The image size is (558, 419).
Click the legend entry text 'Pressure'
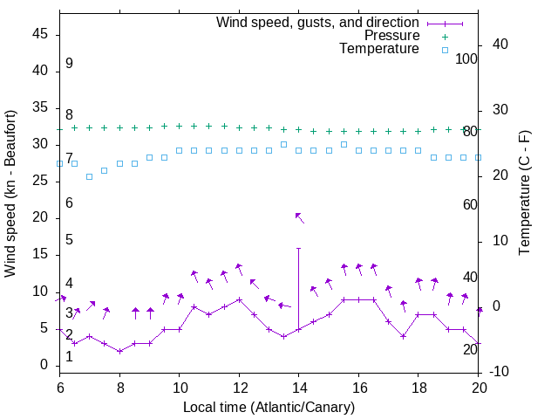[x=391, y=36]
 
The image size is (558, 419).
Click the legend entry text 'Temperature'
[x=379, y=49]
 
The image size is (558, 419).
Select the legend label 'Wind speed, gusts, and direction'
[x=318, y=22]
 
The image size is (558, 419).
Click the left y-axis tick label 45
[x=39, y=35]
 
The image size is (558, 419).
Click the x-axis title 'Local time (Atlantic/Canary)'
[x=269, y=407]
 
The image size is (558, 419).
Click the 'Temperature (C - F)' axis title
[x=524, y=194]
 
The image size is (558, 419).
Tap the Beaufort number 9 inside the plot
[x=69, y=64]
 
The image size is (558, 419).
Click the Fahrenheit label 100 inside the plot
[x=467, y=58]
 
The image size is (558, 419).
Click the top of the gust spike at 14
[x=298, y=248]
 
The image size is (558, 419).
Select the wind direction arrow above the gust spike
[x=299, y=217]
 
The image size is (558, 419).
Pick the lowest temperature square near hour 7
[x=89, y=176]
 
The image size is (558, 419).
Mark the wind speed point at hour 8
[x=119, y=351]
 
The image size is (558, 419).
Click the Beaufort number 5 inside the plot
[x=69, y=240]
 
